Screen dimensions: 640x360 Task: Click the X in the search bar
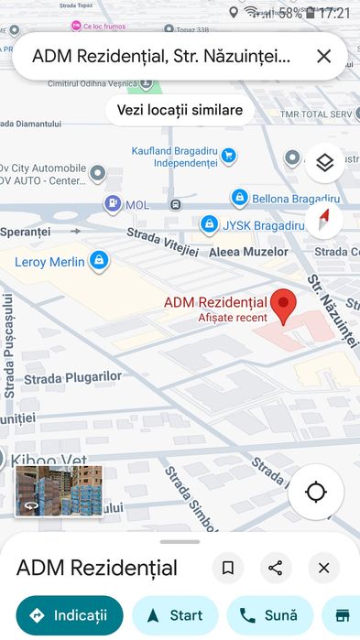click(x=323, y=57)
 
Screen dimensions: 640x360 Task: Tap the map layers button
click(x=324, y=163)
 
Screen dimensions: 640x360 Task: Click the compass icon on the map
click(x=324, y=220)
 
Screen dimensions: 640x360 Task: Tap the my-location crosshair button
click(x=316, y=493)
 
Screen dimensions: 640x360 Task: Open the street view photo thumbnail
click(x=60, y=491)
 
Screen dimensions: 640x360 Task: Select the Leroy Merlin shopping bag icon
click(x=100, y=262)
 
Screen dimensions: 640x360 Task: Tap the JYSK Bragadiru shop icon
click(x=210, y=224)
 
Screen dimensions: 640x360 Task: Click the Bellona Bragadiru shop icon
click(x=240, y=197)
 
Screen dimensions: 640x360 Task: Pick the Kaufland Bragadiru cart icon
click(x=229, y=157)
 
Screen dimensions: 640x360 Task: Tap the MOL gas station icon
click(x=112, y=204)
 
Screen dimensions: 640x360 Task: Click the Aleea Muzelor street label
click(x=248, y=251)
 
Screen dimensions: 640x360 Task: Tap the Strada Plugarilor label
click(x=72, y=376)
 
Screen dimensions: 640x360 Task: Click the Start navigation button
click(x=175, y=615)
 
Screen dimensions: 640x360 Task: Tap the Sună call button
click(x=270, y=615)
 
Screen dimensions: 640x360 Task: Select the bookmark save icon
click(x=228, y=568)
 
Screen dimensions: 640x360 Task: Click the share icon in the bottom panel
click(x=276, y=568)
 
